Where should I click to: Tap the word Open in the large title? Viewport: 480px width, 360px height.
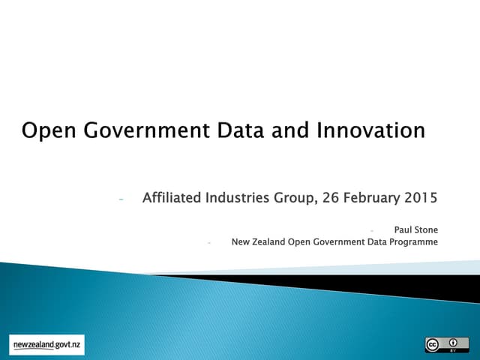coord(46,131)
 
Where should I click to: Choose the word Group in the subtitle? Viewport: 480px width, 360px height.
coord(296,198)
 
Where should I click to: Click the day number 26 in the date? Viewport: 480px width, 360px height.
coord(331,198)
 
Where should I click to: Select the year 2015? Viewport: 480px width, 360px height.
coord(421,198)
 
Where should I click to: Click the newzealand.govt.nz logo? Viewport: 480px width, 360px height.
coord(47,344)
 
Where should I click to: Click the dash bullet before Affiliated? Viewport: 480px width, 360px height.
coord(121,199)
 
